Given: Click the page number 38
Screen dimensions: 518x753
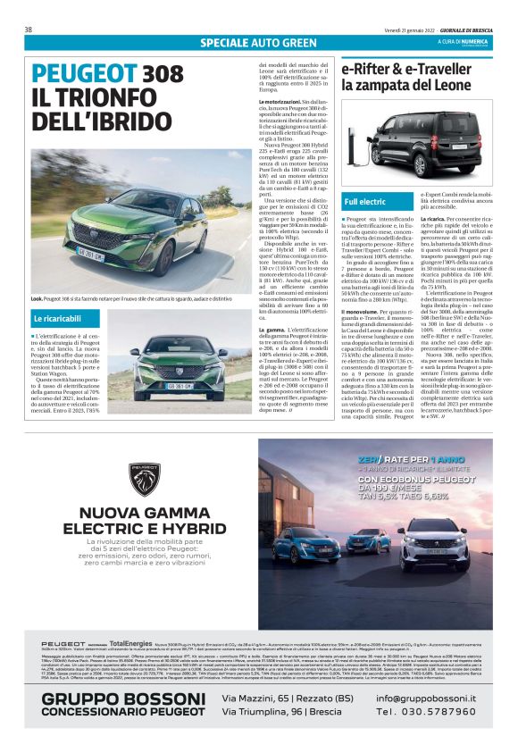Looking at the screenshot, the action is click(x=29, y=29).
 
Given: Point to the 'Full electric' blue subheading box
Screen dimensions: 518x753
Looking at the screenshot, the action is click(x=364, y=202).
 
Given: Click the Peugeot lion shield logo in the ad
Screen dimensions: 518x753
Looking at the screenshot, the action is click(x=143, y=479).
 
